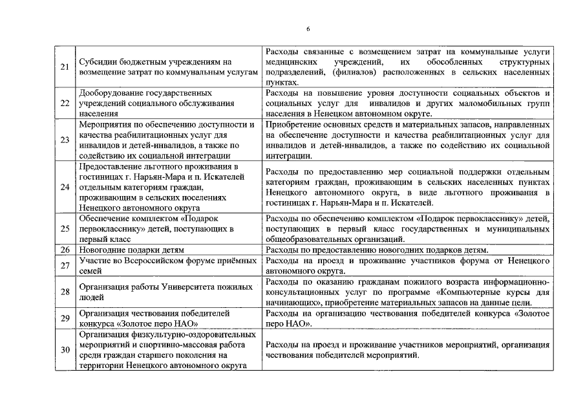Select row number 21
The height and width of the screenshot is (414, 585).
pos(65,67)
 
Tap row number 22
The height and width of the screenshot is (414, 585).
pos(65,102)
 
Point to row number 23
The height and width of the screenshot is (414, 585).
pos(65,139)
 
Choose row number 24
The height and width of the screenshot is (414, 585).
pos(65,187)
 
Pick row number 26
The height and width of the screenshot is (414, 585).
pos(65,249)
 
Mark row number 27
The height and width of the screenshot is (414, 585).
pos(65,265)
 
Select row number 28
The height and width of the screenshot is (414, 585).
pos(65,292)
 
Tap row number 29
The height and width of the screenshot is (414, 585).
pos(65,318)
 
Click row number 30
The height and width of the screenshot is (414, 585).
pos(65,350)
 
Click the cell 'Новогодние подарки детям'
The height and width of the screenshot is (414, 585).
pos(122,249)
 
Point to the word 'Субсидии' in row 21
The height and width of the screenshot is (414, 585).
pos(96,62)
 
